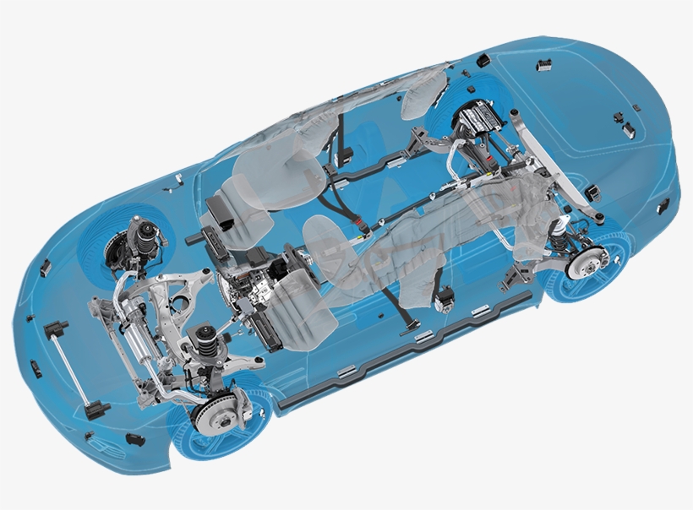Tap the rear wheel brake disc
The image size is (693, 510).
(x=584, y=267)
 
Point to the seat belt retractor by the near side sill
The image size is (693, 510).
(x=443, y=295)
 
